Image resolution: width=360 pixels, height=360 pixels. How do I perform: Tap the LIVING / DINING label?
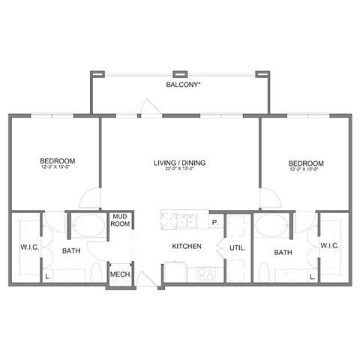[x=180, y=163]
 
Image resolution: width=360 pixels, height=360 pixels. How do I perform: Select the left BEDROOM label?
[x=58, y=161]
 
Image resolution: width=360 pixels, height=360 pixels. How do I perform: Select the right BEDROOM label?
[x=306, y=163]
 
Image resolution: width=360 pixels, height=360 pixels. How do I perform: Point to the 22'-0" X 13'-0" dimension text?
[x=180, y=170]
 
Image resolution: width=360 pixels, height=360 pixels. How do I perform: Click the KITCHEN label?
[x=187, y=246]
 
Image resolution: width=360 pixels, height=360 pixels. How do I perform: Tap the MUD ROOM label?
[x=121, y=220]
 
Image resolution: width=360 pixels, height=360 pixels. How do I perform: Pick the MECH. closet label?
[x=121, y=275]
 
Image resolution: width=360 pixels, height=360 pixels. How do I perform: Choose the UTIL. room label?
[x=237, y=246]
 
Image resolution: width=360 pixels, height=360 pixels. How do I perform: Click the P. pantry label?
[x=214, y=222]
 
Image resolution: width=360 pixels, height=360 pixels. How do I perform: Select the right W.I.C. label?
[x=330, y=245]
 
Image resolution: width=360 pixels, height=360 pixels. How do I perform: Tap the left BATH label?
[x=71, y=251]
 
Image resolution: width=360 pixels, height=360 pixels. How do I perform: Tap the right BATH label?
[x=283, y=253]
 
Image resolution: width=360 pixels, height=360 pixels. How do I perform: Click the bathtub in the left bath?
[x=88, y=226]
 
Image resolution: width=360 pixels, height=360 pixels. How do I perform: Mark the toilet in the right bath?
[x=263, y=271]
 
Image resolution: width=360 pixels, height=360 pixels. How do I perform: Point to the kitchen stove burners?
[x=205, y=274]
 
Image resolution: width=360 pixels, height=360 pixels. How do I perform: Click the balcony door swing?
[x=146, y=109]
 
